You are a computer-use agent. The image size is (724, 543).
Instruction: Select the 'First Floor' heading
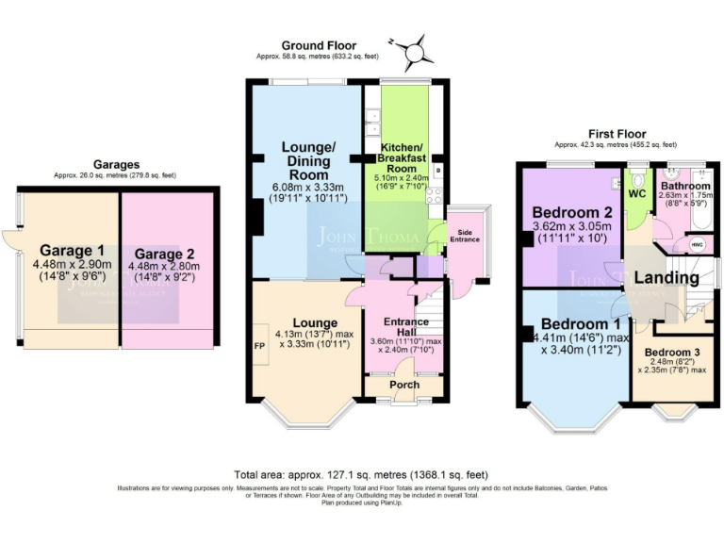(615, 134)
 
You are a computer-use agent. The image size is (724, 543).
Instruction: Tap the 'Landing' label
(666, 278)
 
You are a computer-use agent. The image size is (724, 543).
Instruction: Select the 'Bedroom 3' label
(671, 354)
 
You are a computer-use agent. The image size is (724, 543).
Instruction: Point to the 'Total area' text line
(361, 474)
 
